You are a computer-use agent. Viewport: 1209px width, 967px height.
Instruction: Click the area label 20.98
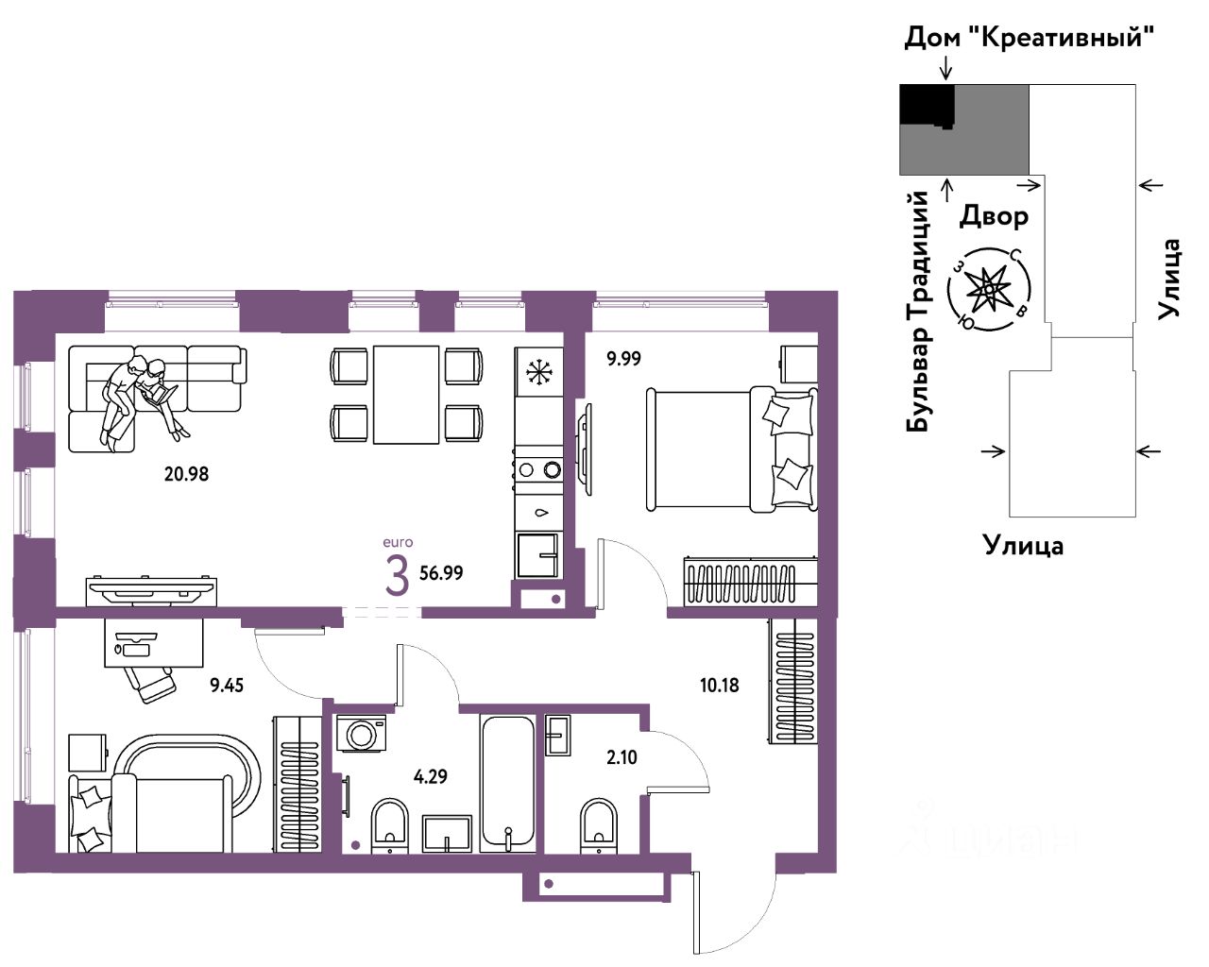[x=186, y=474]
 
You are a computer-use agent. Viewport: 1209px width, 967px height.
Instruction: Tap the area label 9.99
[x=623, y=359]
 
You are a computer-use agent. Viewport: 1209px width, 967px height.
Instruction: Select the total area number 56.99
[x=442, y=573]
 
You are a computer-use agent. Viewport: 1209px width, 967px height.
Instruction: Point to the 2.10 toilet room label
[x=622, y=757]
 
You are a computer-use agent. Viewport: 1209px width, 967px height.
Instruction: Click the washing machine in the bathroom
[x=361, y=733]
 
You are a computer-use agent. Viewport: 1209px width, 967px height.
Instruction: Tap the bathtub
[x=508, y=783]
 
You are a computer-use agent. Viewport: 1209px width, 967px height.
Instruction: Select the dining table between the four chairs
[x=405, y=395]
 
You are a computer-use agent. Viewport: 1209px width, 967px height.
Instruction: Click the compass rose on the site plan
[x=989, y=289]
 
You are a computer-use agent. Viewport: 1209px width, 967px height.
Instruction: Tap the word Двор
[x=994, y=216]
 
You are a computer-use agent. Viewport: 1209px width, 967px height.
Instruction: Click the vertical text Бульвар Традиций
[x=917, y=312]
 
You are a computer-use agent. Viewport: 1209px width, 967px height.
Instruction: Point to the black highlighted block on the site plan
[x=927, y=105]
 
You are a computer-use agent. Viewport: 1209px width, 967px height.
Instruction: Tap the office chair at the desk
[x=150, y=684]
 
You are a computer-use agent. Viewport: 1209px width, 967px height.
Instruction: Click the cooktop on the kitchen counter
[x=539, y=469]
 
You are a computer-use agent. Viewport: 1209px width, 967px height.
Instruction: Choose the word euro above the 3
[x=398, y=543]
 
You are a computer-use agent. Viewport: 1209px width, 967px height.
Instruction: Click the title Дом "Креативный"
[x=1030, y=38]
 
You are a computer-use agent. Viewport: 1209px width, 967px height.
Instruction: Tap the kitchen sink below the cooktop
[x=538, y=555]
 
